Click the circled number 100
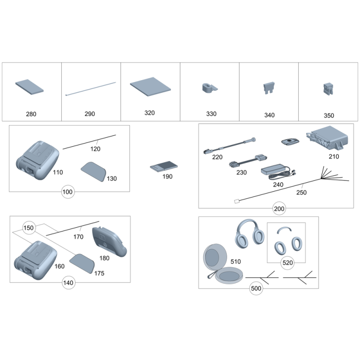68,192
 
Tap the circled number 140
68,283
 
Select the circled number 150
29,228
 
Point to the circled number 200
279,209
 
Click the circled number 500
256,288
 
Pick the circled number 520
288,263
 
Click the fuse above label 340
269,88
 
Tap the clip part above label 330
210,88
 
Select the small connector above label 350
328,89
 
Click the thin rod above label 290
91,89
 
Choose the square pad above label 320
150,87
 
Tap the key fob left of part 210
290,141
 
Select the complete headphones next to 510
250,234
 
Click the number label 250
301,193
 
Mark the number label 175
99,273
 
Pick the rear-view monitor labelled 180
109,242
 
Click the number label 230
242,172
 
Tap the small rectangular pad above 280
29,87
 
